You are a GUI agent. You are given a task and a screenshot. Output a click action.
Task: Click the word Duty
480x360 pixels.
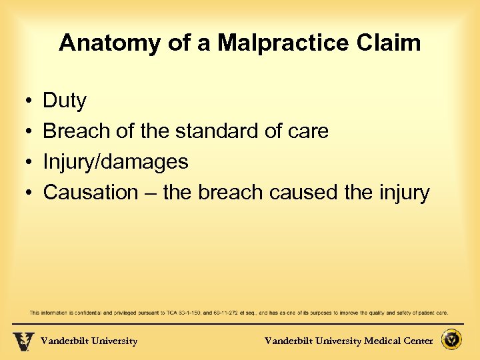click(65, 101)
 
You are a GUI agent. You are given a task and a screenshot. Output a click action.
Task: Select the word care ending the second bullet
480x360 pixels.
click(307, 131)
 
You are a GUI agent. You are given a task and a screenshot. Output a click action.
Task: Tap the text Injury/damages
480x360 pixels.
click(115, 162)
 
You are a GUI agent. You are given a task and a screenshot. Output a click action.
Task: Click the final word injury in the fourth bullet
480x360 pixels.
click(403, 193)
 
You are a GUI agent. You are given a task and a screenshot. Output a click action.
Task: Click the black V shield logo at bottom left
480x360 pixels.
click(23, 341)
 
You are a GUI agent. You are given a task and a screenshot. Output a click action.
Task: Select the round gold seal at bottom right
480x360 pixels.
click(451, 340)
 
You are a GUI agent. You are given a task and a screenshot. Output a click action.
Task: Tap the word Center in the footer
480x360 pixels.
click(417, 341)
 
